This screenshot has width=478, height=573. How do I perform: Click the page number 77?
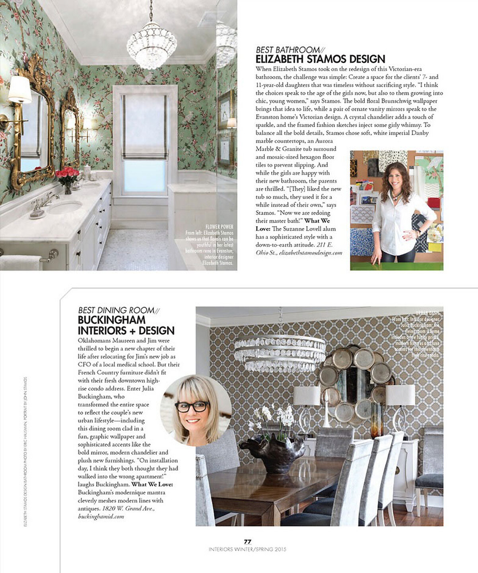pyautogui.click(x=248, y=542)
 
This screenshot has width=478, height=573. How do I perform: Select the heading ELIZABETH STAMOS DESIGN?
pyautogui.click(x=320, y=59)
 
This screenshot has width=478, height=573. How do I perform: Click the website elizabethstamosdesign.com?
pyautogui.click(x=310, y=253)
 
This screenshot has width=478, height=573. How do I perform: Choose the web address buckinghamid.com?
pyautogui.click(x=101, y=516)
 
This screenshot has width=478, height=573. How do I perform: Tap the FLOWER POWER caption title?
pyautogui.click(x=220, y=227)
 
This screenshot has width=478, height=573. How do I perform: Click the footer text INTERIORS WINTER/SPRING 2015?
pyautogui.click(x=247, y=549)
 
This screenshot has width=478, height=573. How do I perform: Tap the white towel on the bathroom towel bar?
pyautogui.click(x=20, y=263)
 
